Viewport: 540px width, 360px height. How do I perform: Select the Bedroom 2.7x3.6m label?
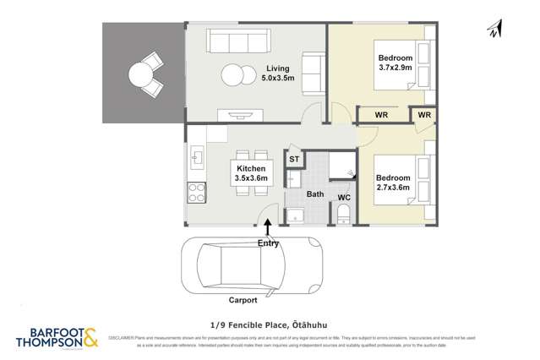394,183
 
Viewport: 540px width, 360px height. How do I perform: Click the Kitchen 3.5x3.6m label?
252,173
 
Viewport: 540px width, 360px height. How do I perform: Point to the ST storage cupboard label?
294,159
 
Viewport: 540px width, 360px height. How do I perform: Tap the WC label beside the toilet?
344,198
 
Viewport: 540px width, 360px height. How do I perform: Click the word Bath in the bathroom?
315,194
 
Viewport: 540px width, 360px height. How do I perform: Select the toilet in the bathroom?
343,216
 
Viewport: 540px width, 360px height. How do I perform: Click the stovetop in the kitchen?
196,192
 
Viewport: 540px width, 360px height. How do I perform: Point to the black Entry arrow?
268,227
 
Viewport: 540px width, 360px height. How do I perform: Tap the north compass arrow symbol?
494,30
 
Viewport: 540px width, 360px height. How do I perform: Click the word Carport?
243,299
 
